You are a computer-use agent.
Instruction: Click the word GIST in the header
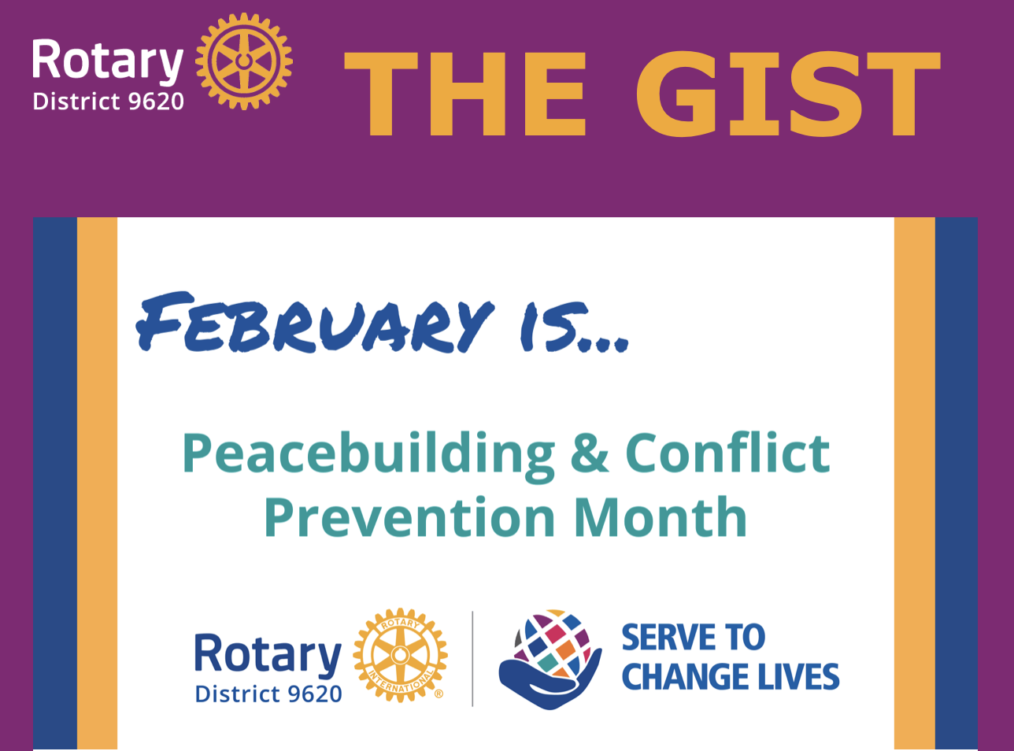point(788,94)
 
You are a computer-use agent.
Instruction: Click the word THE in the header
point(464,94)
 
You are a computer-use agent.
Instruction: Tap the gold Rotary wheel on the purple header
point(244,61)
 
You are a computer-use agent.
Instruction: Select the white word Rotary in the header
point(108,61)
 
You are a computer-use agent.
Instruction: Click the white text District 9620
point(109,102)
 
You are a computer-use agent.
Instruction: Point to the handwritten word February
point(315,322)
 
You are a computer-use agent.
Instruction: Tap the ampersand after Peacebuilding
point(590,453)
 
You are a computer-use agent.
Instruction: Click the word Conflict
point(727,452)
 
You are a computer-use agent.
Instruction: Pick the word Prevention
point(410,517)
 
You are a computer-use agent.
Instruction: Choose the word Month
point(661,516)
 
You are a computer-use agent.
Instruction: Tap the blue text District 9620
point(268,694)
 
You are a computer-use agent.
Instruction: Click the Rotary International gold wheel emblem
point(400,655)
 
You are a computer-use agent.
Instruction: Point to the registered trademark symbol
point(439,694)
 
